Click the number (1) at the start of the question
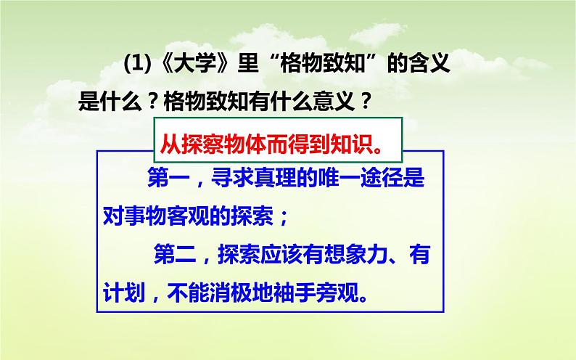[136, 66]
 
